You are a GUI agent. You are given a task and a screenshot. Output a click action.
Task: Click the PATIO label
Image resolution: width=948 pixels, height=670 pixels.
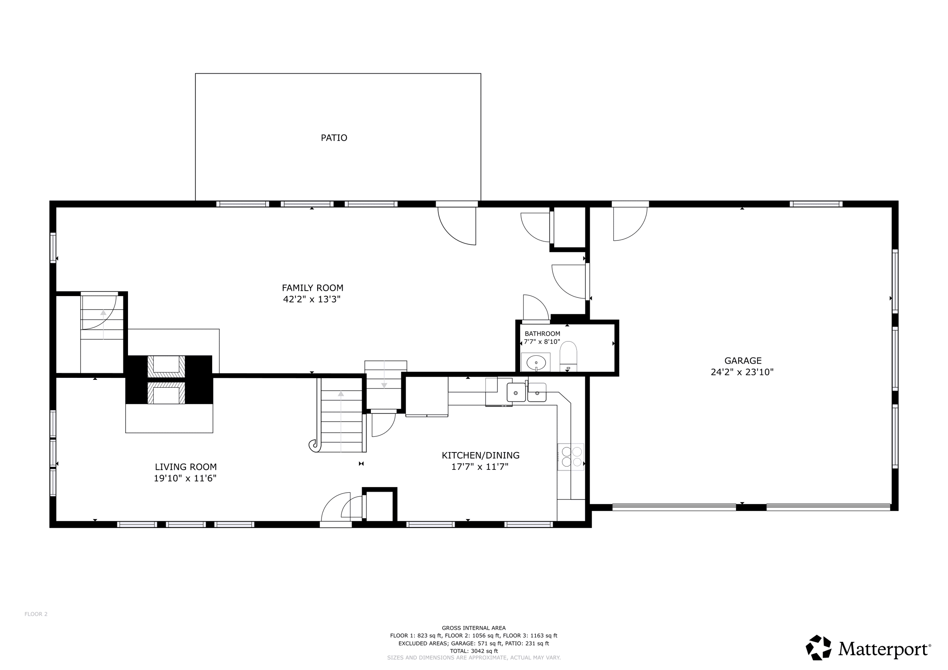click(x=334, y=138)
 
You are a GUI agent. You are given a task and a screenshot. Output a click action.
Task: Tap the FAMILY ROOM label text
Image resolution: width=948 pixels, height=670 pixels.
click(x=312, y=288)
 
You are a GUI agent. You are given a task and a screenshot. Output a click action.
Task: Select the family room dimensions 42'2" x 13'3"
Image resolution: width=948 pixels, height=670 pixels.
click(x=312, y=299)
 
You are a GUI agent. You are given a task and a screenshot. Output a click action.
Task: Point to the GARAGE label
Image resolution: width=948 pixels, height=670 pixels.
click(x=743, y=360)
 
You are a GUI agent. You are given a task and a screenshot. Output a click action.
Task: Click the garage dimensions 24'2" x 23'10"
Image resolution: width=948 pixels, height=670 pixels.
click(x=742, y=372)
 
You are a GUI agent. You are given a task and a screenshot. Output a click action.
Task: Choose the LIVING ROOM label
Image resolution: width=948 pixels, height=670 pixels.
click(x=186, y=467)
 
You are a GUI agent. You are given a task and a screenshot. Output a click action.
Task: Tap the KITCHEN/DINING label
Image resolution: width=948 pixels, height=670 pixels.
click(x=481, y=455)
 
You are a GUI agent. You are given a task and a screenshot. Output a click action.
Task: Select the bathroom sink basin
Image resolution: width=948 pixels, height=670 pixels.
click(x=536, y=363)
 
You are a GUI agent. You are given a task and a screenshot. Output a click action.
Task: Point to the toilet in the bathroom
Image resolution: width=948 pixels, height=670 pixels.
click(x=568, y=356)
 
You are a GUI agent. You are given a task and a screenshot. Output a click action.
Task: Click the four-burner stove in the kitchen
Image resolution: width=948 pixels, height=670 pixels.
click(x=571, y=457)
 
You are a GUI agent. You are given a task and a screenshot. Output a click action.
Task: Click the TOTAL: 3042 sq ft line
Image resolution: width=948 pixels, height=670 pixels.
click(x=474, y=651)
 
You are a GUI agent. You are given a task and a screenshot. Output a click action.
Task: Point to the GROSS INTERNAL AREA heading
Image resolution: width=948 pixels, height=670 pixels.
click(x=474, y=628)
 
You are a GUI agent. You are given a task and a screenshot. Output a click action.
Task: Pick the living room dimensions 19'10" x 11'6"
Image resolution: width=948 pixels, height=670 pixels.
click(x=185, y=479)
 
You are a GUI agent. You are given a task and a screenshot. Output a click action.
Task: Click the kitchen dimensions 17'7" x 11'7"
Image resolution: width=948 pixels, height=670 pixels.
click(x=480, y=467)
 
